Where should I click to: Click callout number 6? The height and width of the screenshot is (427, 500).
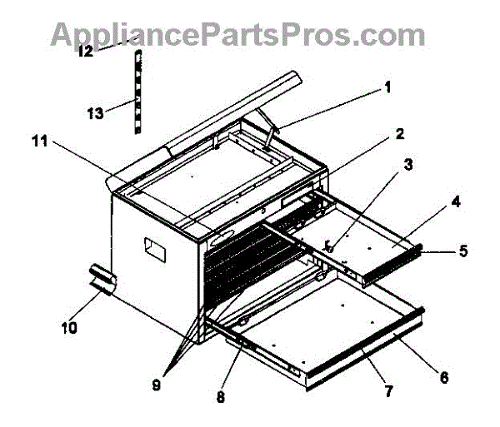[x=443, y=377]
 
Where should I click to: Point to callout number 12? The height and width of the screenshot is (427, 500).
[x=86, y=51]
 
